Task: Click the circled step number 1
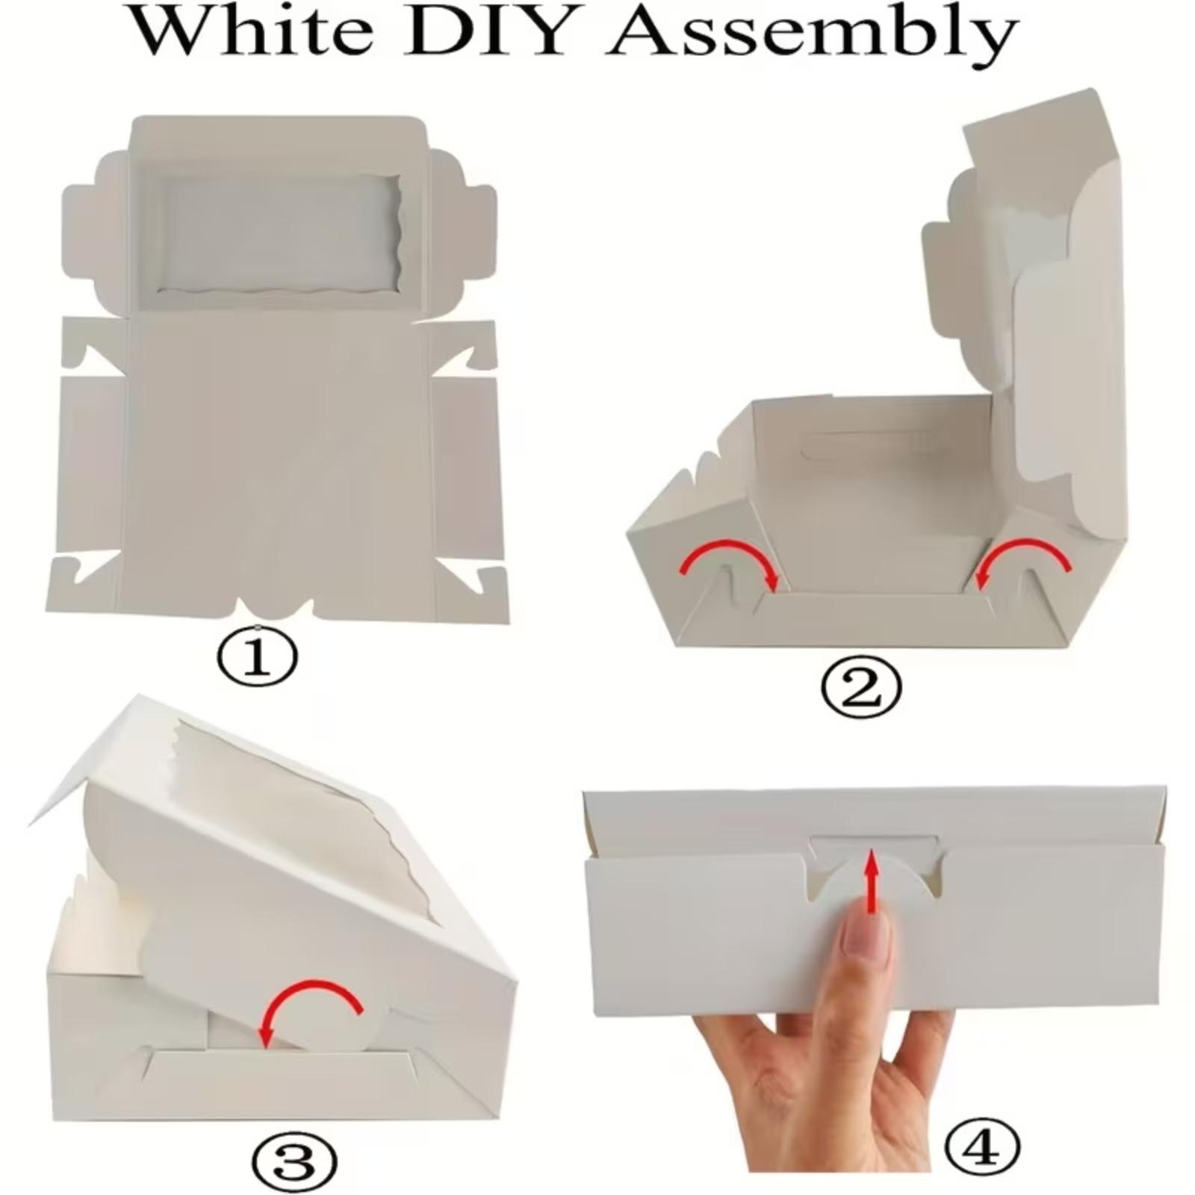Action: pyautogui.click(x=257, y=657)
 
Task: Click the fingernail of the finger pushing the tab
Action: pyautogui.click(x=866, y=937)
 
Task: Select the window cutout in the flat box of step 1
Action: pyautogui.click(x=282, y=236)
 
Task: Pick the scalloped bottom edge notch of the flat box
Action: pyautogui.click(x=276, y=608)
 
